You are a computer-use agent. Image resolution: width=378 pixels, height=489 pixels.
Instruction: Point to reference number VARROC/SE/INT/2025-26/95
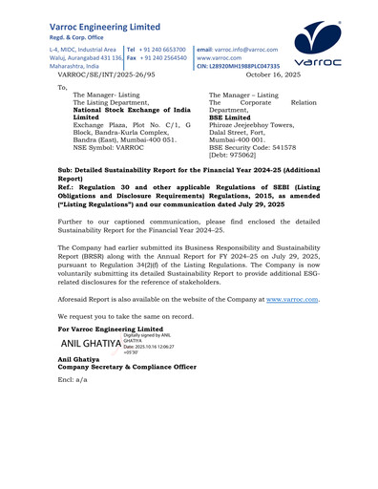pyautogui.click(x=106, y=74)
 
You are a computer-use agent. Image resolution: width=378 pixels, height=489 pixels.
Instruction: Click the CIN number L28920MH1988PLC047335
pyautogui.click(x=238, y=66)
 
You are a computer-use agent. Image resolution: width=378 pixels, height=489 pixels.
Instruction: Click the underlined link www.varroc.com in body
pyautogui.click(x=292, y=299)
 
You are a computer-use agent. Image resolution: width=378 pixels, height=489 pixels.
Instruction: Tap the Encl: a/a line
pyautogui.click(x=73, y=379)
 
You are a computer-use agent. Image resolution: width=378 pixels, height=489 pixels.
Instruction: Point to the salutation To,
pyautogui.click(x=64, y=87)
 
